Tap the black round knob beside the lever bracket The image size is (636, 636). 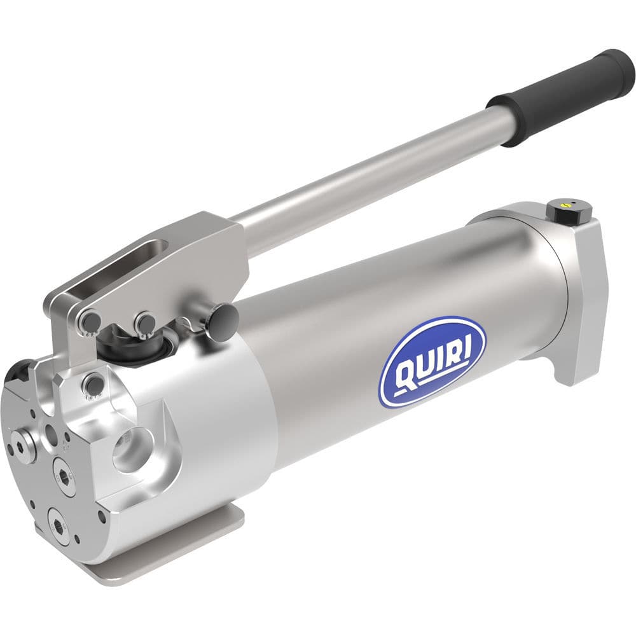tap(226, 315)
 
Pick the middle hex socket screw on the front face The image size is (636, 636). tap(64, 473)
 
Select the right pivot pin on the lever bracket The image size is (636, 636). tap(145, 322)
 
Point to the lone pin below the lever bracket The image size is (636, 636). tap(93, 384)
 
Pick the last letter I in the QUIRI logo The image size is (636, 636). tap(466, 347)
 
